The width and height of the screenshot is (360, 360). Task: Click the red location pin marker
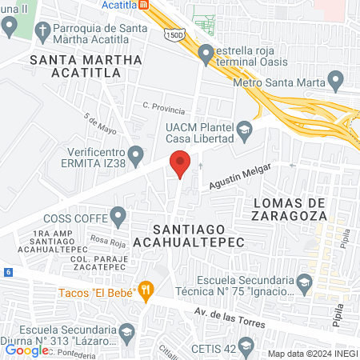click(x=180, y=163)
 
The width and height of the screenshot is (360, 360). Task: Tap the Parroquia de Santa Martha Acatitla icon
click(x=10, y=26)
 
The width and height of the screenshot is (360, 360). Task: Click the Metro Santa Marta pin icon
click(x=336, y=81)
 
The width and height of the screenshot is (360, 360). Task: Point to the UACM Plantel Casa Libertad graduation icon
click(x=242, y=128)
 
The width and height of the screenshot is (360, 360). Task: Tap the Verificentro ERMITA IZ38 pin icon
click(x=136, y=153)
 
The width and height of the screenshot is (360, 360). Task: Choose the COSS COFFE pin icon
click(x=119, y=215)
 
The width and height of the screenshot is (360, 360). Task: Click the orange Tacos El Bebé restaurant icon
click(x=145, y=290)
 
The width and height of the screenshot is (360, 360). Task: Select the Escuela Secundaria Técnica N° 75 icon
click(x=304, y=282)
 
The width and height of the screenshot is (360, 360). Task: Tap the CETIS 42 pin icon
click(x=246, y=346)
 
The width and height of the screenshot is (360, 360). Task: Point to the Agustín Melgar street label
click(x=240, y=177)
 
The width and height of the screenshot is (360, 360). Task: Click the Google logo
click(x=26, y=350)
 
